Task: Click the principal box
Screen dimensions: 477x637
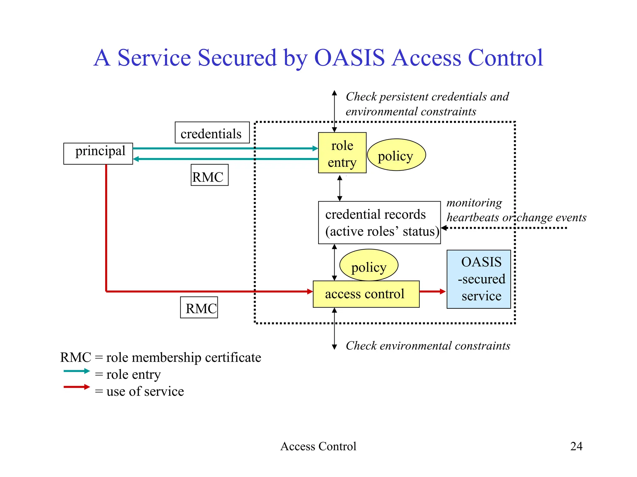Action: (x=98, y=153)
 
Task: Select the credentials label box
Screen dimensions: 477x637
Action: (x=212, y=133)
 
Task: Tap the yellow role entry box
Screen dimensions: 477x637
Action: (x=342, y=153)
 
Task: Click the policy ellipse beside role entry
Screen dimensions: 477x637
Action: (x=396, y=155)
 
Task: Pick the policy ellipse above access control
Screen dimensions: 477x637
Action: (x=369, y=265)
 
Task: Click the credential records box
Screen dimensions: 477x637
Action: (x=379, y=223)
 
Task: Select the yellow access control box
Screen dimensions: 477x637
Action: (x=366, y=294)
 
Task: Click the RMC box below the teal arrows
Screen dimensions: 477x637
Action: (x=209, y=175)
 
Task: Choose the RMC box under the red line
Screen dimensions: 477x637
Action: (x=199, y=307)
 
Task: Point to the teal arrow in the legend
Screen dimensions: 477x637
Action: (x=77, y=371)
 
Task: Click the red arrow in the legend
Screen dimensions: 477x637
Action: (x=77, y=387)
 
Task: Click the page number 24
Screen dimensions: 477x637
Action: (x=576, y=446)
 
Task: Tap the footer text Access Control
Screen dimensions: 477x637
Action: (x=318, y=446)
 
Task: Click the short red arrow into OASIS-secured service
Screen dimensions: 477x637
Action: (x=432, y=291)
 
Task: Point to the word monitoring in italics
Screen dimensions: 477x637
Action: (x=474, y=203)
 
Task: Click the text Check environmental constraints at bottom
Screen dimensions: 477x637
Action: (x=428, y=346)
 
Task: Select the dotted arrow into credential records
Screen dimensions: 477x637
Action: (x=504, y=228)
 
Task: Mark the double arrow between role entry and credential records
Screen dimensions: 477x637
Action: (x=340, y=188)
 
